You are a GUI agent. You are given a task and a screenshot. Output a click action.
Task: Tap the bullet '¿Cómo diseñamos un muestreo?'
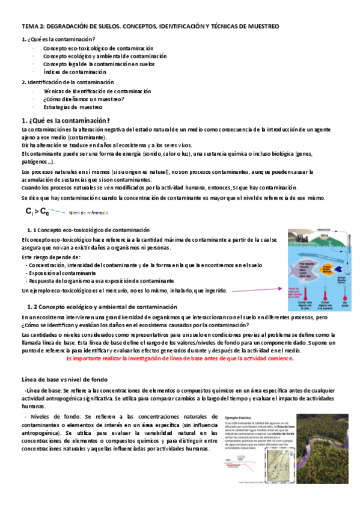coord(84,99)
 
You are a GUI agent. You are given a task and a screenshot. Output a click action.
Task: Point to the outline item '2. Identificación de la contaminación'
coord(67,82)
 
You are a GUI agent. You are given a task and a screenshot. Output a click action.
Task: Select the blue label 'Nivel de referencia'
coord(88,212)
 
